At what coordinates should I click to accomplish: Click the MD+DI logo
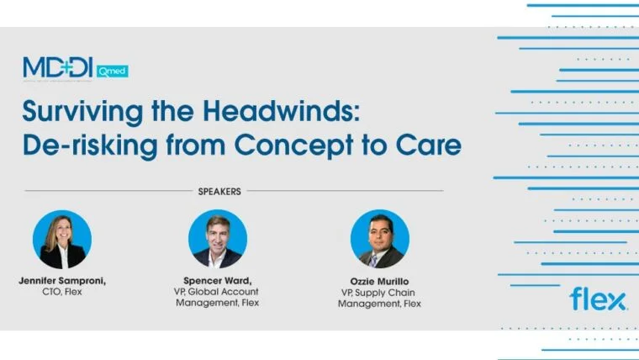(x=61, y=68)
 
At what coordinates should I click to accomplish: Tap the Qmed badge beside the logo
(x=114, y=71)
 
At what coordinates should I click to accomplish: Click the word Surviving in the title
(x=78, y=111)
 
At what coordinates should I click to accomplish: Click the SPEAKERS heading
(x=219, y=191)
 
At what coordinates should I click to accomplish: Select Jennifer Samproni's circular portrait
(x=62, y=239)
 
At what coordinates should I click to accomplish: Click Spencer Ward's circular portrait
(x=218, y=239)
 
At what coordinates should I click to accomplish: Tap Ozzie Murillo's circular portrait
(x=379, y=239)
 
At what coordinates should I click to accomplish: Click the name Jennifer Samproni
(x=61, y=280)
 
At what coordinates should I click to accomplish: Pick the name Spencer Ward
(x=218, y=280)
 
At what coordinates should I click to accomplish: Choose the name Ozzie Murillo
(x=379, y=280)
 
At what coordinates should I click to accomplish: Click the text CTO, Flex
(x=61, y=292)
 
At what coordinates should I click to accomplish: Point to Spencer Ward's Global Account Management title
(x=218, y=298)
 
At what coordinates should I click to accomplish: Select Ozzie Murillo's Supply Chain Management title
(x=379, y=298)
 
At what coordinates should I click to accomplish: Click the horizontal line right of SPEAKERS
(x=345, y=191)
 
